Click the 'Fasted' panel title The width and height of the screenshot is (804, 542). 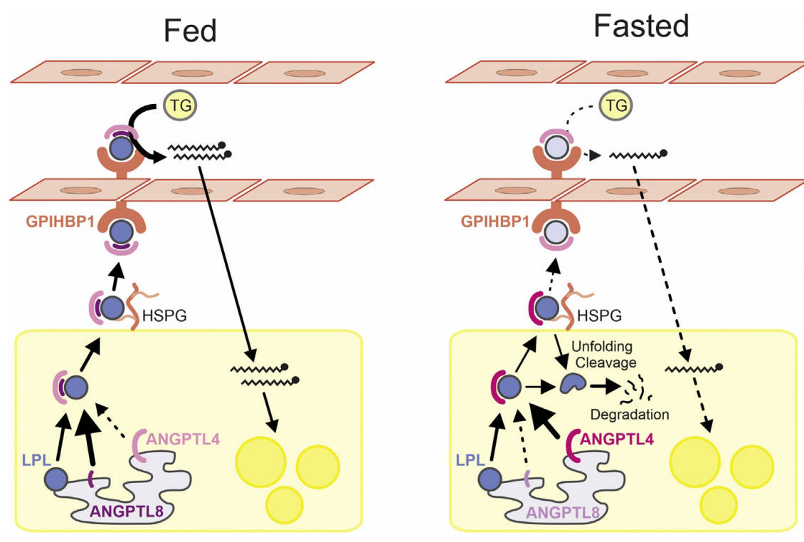(641, 26)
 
